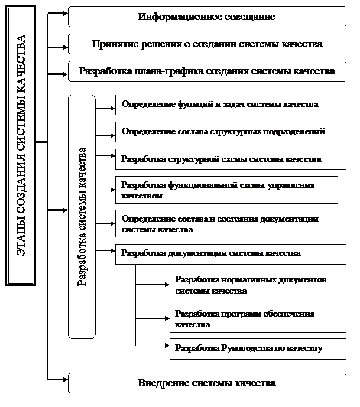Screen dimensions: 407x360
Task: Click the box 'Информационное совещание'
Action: [x=207, y=17]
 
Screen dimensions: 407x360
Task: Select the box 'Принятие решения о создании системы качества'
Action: [x=207, y=44]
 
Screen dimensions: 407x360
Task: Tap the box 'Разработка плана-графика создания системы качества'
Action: [x=207, y=72]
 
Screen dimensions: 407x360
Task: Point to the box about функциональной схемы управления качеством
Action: [x=226, y=190]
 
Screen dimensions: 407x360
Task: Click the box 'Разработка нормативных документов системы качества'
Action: [x=258, y=285]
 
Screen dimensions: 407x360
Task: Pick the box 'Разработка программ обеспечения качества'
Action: [x=258, y=319]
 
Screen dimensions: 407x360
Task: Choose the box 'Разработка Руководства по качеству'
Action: [x=258, y=349]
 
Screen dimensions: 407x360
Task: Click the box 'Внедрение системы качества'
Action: [x=207, y=383]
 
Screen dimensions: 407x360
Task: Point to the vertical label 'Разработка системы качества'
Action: [x=82, y=216]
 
